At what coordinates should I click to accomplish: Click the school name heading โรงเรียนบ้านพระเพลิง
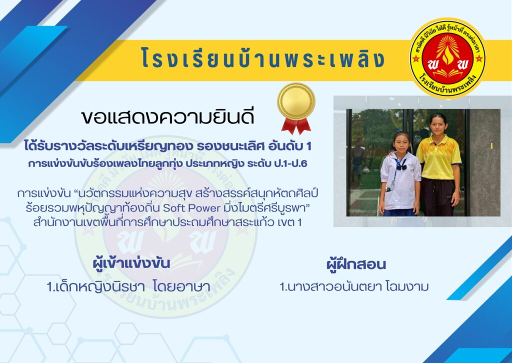pos(263,59)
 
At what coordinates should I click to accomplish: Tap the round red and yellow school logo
pos(447,58)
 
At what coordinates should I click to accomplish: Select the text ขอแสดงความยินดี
pos(167,117)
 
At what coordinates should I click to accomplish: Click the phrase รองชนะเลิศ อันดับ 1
pos(254,146)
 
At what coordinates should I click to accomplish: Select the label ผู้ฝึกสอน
pos(356,264)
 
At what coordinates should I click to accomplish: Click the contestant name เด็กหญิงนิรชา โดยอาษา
pos(128,287)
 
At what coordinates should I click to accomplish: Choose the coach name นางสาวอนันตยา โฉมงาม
pos(354,287)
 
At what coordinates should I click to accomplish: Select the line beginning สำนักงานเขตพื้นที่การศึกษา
pos(167,222)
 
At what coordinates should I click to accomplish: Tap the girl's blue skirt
pos(399,212)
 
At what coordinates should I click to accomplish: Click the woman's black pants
pos(437,197)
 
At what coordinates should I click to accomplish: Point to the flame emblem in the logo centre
pos(447,52)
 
